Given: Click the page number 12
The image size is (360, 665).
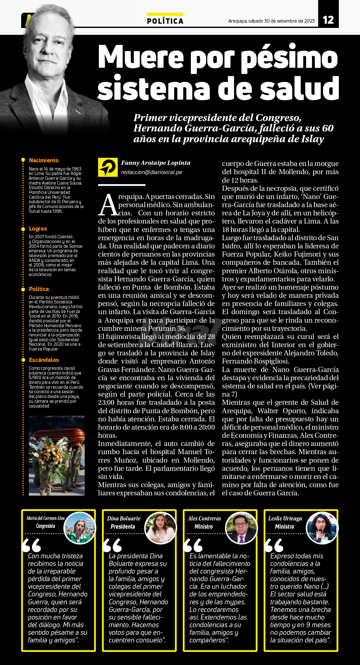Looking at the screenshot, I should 328,20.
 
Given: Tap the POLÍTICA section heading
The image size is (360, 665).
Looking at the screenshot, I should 165,21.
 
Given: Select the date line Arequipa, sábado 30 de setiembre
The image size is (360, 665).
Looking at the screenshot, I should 271,21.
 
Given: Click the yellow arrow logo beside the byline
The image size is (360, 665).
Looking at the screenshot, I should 108,167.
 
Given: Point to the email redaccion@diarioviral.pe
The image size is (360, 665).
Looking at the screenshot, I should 151,172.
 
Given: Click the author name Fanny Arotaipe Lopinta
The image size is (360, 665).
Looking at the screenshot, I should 156,163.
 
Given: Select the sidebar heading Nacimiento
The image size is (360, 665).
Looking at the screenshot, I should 44,160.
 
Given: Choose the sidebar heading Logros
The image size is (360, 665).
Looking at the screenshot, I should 38,229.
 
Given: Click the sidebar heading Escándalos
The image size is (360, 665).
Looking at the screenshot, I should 44,360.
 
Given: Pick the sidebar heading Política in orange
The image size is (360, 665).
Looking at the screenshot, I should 39,289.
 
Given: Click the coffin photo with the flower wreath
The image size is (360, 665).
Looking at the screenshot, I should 56,456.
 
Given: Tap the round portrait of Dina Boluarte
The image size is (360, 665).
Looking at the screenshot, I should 160,528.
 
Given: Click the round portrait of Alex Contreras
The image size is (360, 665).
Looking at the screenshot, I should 241,528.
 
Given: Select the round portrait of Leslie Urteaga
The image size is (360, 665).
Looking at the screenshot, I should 322,528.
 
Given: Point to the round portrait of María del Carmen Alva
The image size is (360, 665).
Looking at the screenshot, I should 80,528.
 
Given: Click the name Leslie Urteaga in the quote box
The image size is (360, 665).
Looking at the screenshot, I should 285,519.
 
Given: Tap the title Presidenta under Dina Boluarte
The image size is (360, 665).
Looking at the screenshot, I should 123,527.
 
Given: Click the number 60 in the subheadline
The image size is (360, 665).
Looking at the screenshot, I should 328,128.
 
